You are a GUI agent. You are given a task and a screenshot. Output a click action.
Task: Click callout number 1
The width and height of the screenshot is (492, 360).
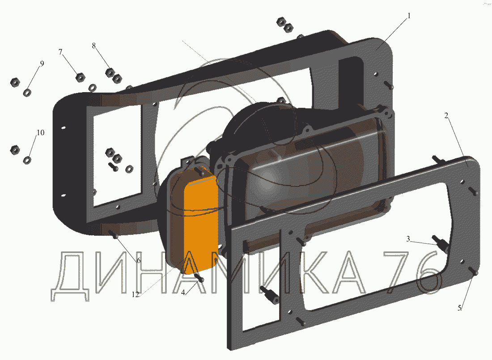pos(408,16)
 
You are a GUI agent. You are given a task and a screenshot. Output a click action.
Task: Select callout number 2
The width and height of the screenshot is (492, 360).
pos(446,115)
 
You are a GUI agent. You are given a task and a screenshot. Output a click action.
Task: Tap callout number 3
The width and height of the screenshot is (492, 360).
pos(408,239)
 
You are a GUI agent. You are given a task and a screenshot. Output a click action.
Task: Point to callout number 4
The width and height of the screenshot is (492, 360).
pos(183,292)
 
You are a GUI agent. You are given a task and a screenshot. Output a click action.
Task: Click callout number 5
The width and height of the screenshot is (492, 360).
pos(460,308)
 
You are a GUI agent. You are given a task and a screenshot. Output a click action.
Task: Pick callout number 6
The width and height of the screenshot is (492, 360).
pos(138,261)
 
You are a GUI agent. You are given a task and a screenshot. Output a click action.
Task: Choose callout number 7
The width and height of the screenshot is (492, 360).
pos(60,52)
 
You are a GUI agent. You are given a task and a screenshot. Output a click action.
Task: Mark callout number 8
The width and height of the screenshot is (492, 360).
pos(93,46)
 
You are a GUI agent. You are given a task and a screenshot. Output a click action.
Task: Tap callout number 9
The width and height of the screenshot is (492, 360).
pos(42,64)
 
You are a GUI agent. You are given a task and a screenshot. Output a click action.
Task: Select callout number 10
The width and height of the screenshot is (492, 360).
pos(40,133)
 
